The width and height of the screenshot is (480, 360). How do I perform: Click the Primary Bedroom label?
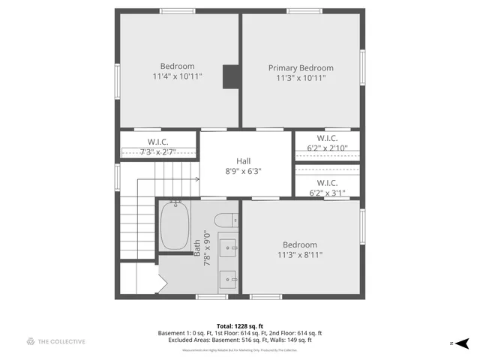(x=301, y=67)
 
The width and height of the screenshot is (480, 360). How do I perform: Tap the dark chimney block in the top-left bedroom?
(x=232, y=76)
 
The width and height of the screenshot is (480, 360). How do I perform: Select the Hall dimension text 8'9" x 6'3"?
(x=244, y=171)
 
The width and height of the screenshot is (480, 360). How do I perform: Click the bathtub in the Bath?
(x=175, y=226)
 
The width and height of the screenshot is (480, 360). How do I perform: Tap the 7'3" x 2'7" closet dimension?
(x=157, y=152)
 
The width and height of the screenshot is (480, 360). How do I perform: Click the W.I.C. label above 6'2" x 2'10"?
(x=327, y=138)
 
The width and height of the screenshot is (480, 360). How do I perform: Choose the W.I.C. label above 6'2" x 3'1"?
(x=327, y=182)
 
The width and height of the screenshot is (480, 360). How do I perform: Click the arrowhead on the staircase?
(x=196, y=179)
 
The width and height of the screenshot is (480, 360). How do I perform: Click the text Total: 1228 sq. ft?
(x=239, y=326)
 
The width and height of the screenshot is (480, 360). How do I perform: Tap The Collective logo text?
(x=62, y=342)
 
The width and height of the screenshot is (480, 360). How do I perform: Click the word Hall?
(x=244, y=160)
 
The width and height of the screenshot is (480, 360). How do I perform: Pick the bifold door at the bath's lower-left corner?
(x=160, y=283)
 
